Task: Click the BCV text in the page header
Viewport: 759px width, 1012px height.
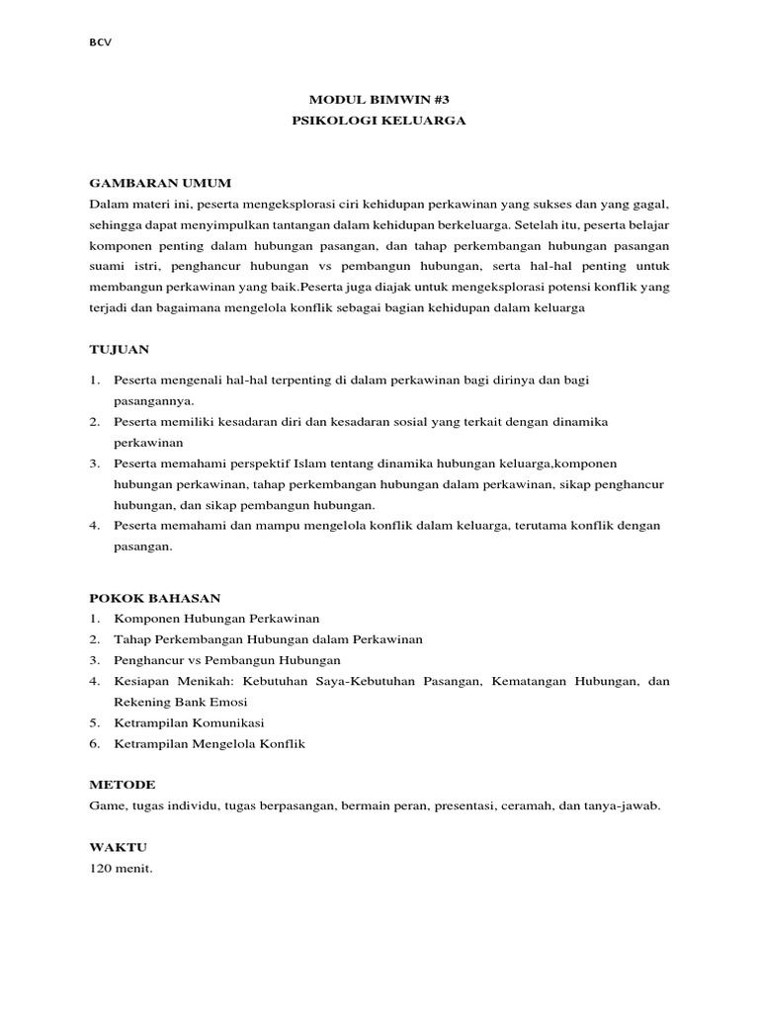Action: [100, 42]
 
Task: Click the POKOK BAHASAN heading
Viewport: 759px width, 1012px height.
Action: [155, 598]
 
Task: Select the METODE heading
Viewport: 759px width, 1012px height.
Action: [122, 784]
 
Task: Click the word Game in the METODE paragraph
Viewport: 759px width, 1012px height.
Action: [106, 805]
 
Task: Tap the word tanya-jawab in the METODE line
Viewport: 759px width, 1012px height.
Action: [626, 805]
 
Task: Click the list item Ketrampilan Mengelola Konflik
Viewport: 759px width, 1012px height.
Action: [210, 743]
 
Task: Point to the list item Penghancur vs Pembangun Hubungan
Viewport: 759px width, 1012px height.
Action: [227, 660]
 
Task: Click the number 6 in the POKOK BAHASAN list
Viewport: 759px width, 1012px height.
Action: [94, 743]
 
